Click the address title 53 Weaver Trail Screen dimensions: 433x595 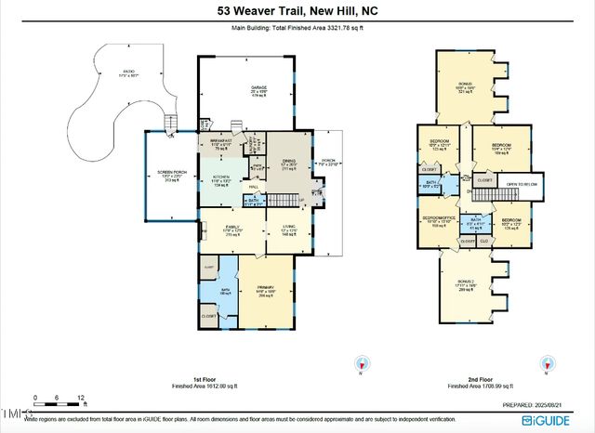pyautogui.click(x=297, y=10)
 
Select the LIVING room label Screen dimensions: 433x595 pyautogui.click(x=286, y=228)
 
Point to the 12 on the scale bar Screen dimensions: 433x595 pyautogui.click(x=82, y=397)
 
